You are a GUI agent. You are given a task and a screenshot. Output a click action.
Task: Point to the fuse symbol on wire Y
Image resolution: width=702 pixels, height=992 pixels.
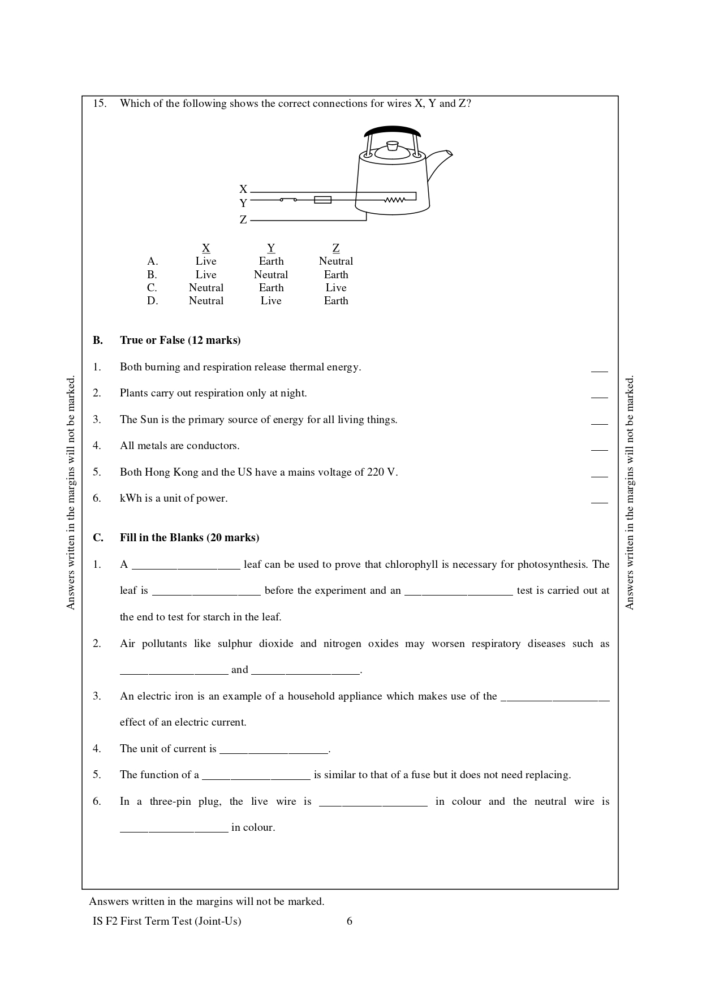coord(322,200)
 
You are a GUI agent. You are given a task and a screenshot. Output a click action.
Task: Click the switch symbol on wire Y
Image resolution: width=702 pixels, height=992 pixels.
coord(288,200)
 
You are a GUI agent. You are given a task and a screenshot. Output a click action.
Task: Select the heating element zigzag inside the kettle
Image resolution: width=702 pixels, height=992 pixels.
coord(394,200)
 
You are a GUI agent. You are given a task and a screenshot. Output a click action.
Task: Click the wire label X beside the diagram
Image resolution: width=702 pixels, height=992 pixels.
coord(243,189)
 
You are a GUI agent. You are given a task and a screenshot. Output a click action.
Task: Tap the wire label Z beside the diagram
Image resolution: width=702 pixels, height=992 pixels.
coord(243,220)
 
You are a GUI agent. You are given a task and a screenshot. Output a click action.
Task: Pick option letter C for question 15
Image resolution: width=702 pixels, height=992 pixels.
coord(152,288)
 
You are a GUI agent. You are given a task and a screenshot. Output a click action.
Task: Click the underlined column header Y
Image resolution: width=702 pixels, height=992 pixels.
coord(271,248)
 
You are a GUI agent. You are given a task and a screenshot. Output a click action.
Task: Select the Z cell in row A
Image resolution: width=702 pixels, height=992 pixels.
coord(336,261)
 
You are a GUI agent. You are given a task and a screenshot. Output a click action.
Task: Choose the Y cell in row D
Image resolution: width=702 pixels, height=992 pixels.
coord(271,301)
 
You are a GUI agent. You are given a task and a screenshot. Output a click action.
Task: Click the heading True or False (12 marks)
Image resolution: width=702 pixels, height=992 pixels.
coord(180,340)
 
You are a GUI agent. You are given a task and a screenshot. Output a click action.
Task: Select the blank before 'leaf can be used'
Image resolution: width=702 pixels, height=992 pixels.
coord(186,566)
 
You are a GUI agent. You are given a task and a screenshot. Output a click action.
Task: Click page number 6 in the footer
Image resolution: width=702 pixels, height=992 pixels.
coord(350,921)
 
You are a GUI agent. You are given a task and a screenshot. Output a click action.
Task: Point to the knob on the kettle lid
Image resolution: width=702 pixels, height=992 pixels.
coord(392,145)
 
